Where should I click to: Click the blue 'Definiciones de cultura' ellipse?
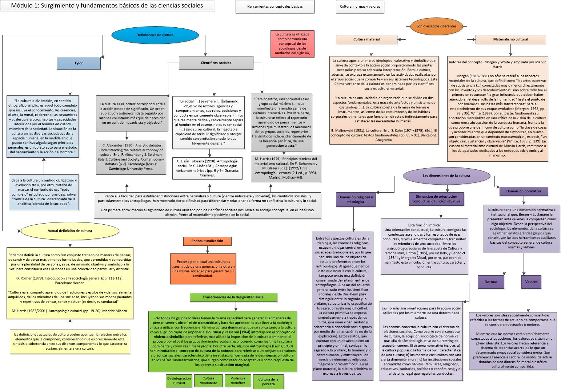pos(155,35)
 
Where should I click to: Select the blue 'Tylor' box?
pos(79,63)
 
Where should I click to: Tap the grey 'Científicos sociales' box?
pos(216,63)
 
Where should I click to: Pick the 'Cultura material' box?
pos(366,39)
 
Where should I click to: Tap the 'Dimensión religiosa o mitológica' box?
pos(356,200)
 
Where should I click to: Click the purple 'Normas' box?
pos(491,281)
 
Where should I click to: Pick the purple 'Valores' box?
pos(531,281)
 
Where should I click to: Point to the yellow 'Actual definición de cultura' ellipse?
pos(70,231)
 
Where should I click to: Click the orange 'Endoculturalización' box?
pos(208,241)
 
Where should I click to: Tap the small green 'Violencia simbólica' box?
pos(238,381)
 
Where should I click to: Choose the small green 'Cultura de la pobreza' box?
pos(268,382)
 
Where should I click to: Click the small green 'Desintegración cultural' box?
pos(179,381)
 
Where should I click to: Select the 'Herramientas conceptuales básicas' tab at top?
pos(275,7)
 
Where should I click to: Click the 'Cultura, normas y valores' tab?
pos(360,7)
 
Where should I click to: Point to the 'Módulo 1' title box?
pos(107,6)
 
